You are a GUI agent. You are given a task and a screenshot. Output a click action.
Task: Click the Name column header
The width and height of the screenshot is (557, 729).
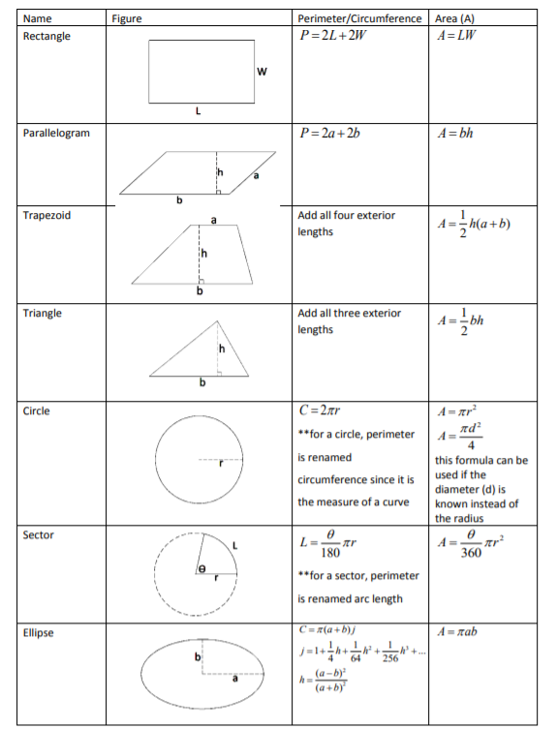click(x=37, y=18)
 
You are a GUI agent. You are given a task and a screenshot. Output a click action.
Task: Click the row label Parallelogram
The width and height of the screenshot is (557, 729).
click(x=56, y=133)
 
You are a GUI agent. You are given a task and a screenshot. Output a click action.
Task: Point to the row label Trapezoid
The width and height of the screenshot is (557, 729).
click(x=46, y=215)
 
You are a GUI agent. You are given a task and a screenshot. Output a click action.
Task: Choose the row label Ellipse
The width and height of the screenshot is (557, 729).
click(x=38, y=633)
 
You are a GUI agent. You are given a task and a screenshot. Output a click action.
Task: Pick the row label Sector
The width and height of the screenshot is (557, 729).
click(x=38, y=534)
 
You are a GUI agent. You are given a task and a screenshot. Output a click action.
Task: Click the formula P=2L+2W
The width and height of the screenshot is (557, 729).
click(x=337, y=36)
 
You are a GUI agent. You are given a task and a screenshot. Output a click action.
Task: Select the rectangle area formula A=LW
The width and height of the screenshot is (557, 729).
click(x=460, y=36)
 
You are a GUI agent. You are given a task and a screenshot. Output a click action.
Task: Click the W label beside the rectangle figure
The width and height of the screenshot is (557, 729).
click(x=262, y=73)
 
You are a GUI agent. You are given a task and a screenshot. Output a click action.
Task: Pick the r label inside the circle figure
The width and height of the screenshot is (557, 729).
click(x=222, y=466)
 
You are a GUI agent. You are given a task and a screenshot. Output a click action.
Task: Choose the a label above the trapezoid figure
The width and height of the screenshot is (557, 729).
click(x=204, y=220)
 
